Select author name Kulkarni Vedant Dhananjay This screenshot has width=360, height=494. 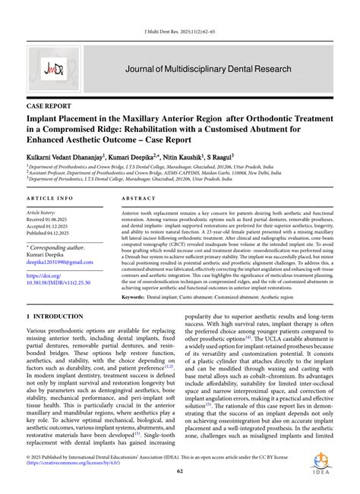(x=71, y=154)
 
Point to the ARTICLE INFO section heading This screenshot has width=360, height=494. (x=49, y=197)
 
